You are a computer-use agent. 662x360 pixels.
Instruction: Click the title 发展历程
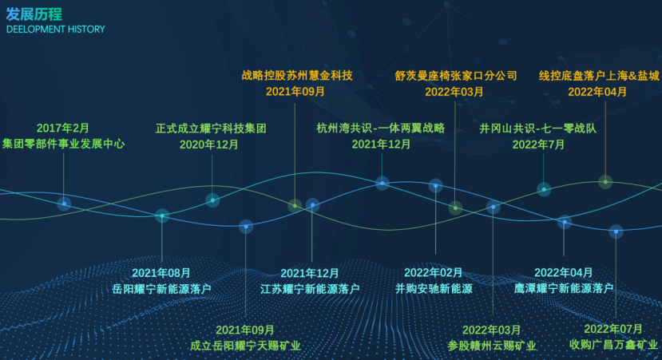(x=34, y=14)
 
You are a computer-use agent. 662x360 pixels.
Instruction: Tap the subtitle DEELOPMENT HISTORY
(x=56, y=29)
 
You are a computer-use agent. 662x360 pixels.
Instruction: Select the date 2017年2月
(x=63, y=128)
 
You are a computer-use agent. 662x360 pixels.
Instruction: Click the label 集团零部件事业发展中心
(x=63, y=144)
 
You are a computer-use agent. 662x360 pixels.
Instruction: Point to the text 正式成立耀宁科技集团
(x=211, y=129)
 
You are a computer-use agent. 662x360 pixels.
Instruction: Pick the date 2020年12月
(x=209, y=144)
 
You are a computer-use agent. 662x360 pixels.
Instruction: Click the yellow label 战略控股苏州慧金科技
(x=297, y=76)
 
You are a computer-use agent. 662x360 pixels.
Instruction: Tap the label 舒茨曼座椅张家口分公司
(x=456, y=76)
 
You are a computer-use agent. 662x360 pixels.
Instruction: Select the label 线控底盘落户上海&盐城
(x=599, y=76)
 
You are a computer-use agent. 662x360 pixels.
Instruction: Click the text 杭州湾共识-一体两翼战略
(x=380, y=128)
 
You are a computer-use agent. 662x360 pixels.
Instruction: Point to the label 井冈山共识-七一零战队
(x=537, y=129)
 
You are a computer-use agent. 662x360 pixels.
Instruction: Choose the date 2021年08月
(x=161, y=273)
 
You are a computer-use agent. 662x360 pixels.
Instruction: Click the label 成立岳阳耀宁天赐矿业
(x=245, y=346)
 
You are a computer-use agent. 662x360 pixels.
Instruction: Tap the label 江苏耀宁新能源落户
(x=310, y=289)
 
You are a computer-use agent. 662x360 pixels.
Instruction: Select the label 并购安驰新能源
(x=434, y=289)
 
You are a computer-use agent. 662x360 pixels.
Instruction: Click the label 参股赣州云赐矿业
(x=491, y=346)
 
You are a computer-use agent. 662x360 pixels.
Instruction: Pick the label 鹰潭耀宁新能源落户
(x=564, y=289)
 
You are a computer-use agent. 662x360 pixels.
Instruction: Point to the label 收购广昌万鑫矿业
(x=613, y=345)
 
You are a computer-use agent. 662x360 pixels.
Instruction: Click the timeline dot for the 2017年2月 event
(x=64, y=204)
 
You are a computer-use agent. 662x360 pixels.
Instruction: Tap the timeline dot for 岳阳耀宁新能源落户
(x=162, y=216)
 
